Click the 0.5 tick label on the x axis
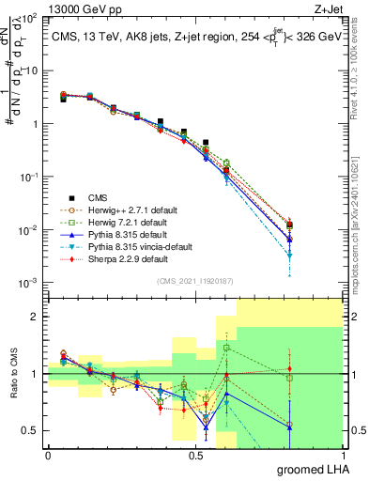point(195,455)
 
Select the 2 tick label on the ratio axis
point(37,317)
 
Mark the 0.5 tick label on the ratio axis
point(31,431)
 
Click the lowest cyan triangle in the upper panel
point(290,255)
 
